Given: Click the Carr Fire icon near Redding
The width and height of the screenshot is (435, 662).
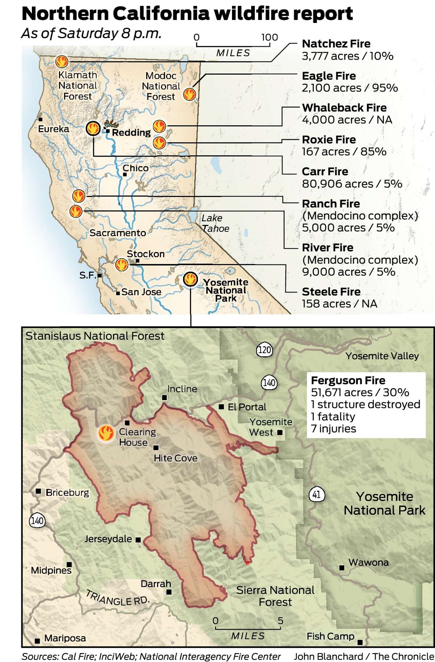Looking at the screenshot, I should [93, 128].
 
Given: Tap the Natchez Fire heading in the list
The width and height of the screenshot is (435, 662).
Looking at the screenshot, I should [336, 44].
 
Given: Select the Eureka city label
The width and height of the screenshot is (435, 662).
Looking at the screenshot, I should [53, 129].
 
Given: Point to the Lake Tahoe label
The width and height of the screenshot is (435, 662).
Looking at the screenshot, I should [215, 223].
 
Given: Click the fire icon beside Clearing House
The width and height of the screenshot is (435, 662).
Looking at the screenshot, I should [106, 433].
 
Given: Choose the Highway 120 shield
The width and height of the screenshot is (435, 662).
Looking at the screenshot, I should [264, 350].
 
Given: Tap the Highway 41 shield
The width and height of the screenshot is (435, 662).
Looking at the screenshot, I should [316, 494].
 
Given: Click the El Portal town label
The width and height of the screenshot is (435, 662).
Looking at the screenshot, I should [246, 407].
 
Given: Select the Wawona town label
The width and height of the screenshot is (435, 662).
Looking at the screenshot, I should [368, 563].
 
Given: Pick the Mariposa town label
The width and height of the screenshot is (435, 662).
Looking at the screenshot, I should [65, 638].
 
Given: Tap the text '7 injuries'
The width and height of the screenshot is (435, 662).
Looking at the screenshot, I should [333, 429].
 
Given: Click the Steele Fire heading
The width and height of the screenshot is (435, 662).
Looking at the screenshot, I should [331, 292].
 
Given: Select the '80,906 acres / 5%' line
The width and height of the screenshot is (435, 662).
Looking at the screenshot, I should [352, 184].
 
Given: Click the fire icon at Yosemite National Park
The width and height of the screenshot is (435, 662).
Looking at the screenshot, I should [190, 279].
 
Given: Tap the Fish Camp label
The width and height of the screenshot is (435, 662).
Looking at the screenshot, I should [330, 636].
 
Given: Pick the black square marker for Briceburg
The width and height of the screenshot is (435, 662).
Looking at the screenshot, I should [38, 492].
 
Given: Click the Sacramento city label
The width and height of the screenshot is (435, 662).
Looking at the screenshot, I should [118, 233].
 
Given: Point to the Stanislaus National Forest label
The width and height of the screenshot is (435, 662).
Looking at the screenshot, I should [95, 336].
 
